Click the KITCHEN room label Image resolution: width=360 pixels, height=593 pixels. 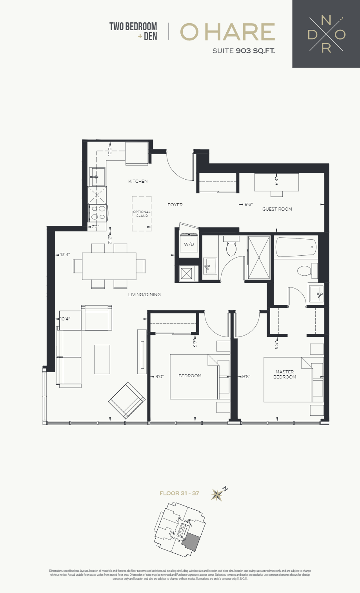point(138,181)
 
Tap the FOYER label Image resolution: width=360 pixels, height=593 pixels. point(175,205)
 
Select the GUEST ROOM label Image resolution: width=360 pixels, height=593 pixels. point(277,209)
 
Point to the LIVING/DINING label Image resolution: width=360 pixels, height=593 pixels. point(144,295)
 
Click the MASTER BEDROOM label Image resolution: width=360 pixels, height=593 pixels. point(285,374)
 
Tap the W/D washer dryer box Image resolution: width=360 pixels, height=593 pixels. point(189,244)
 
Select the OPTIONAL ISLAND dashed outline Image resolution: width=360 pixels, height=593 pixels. point(142,214)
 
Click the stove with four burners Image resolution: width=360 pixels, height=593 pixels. point(98,213)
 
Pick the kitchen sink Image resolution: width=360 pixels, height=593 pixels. point(97,177)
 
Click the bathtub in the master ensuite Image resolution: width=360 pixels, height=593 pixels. point(296,248)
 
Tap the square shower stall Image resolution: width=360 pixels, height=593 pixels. point(259,257)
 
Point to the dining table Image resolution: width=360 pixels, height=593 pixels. point(109,266)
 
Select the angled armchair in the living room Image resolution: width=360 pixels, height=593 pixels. point(127,400)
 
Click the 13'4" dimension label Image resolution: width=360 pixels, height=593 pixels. point(65,255)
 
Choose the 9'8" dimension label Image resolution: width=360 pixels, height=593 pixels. point(246,377)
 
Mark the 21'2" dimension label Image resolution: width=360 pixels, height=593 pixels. point(110,240)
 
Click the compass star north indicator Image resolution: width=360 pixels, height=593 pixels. point(217,495)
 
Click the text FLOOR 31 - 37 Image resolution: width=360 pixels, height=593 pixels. point(179,493)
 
